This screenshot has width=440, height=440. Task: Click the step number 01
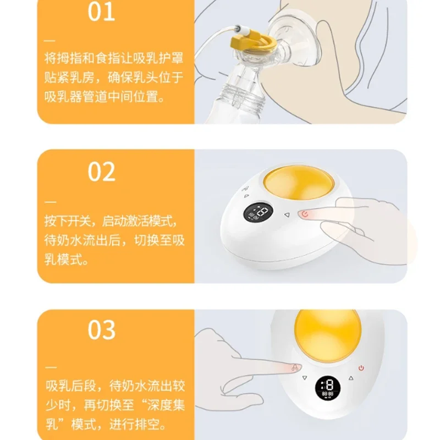pos(101,12)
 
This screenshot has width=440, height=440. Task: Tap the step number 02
pos(102,172)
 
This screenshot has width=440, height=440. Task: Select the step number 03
pos(102,329)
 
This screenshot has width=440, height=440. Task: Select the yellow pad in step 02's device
pos(299,183)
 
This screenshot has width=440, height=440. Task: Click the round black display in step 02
pos(257,212)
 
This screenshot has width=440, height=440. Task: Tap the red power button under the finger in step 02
pos(305,214)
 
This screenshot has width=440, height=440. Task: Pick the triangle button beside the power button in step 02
pos(287,215)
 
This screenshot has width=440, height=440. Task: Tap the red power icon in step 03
pos(361,368)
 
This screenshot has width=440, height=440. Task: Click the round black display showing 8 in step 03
pos(328,388)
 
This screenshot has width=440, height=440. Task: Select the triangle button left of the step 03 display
pos(305,378)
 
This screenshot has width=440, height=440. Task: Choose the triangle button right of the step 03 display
pos(351,378)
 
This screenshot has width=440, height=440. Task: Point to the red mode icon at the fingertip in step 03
pos(295,367)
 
